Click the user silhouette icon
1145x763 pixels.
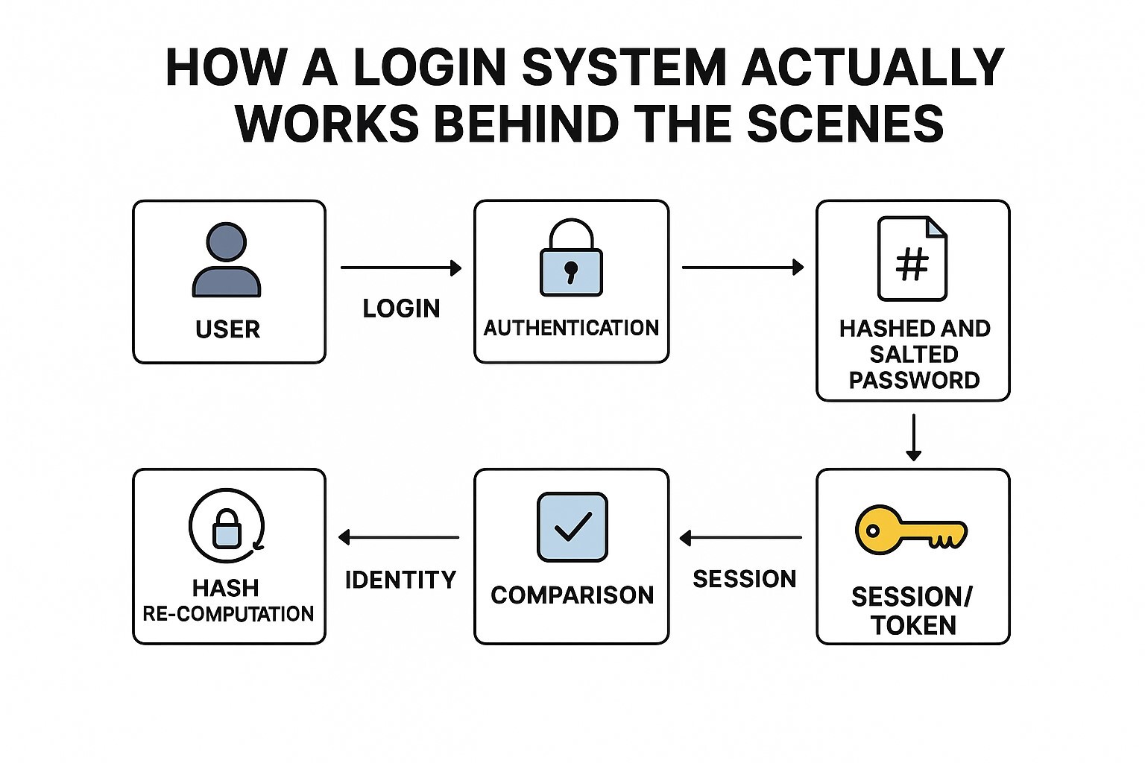coord(227,260)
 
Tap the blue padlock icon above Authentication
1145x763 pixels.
coord(571,258)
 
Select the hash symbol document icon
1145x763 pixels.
coord(912,259)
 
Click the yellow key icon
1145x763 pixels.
coord(910,530)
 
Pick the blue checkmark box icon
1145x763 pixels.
coord(572,527)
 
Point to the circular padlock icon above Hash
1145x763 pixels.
coord(227,526)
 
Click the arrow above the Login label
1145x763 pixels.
coord(401,267)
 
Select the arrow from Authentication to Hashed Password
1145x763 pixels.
coord(742,267)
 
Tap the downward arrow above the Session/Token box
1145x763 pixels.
coord(913,437)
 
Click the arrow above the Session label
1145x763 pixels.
coord(741,537)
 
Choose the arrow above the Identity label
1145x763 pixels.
coord(399,537)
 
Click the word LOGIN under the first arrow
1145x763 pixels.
coord(401,308)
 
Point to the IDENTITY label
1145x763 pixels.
coord(400,580)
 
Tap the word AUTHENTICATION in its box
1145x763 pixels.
coord(571,328)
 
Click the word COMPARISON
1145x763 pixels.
coord(572,595)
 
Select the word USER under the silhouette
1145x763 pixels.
coord(227,329)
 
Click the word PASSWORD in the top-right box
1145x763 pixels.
coord(914,380)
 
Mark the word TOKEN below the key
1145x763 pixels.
coord(913,625)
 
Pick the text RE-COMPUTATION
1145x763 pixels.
coord(228,614)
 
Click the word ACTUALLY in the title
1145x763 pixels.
coord(873,68)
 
